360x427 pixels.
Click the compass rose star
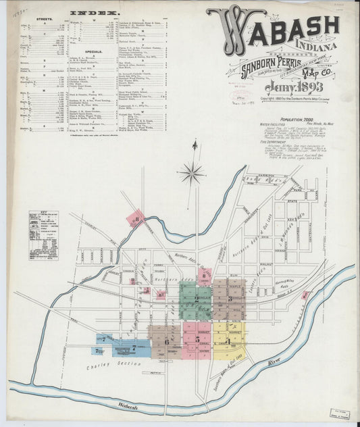click(192, 172)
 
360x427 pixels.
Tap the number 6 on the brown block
click(166, 342)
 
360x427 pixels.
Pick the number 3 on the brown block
click(232, 298)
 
